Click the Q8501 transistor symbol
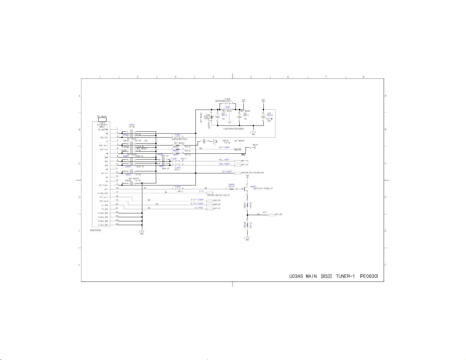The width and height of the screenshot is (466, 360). [x=245, y=189]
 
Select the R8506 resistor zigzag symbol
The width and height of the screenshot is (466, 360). [x=231, y=189]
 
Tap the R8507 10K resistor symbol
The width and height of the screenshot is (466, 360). [x=247, y=205]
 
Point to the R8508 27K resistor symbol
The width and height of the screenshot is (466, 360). [x=247, y=225]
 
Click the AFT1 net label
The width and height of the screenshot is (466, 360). [x=265, y=212]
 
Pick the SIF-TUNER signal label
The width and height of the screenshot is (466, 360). [x=224, y=148]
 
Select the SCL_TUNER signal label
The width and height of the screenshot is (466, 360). [x=224, y=160]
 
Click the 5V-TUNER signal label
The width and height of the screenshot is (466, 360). [x=227, y=172]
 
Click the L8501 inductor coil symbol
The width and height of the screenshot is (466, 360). [x=228, y=109]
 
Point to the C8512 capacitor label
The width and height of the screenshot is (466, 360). [x=270, y=115]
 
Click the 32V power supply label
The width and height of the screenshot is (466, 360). [x=263, y=100]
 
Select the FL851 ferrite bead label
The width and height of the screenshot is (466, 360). [x=178, y=135]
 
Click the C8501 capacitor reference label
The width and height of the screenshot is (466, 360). [x=132, y=125]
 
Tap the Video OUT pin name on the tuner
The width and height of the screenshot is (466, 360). [x=103, y=193]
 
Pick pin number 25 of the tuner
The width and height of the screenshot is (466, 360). [x=117, y=224]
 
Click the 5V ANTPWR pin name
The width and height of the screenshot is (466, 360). [x=103, y=130]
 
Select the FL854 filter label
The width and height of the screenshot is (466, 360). [x=178, y=187]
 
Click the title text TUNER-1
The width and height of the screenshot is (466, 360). [x=345, y=276]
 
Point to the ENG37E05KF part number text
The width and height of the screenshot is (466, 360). [x=96, y=230]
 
